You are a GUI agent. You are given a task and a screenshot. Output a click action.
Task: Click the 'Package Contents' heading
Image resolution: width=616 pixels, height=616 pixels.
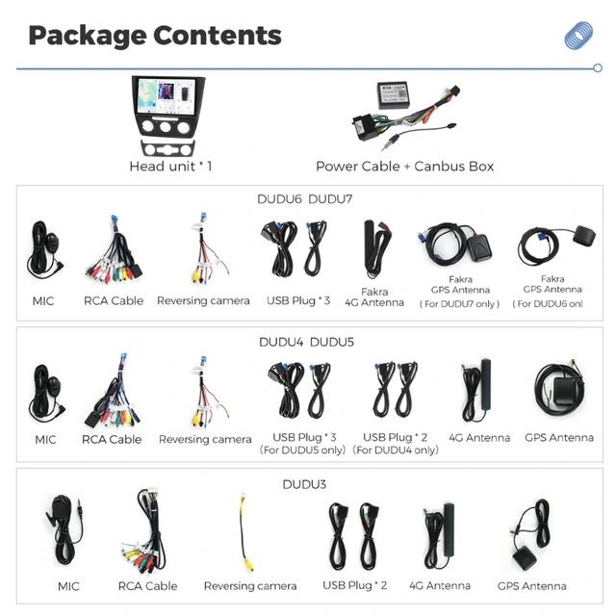click(x=155, y=37)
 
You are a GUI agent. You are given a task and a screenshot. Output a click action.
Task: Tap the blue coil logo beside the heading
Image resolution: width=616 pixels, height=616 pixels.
click(x=578, y=36)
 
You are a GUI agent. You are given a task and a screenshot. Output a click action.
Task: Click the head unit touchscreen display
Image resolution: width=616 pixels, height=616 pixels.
click(x=167, y=96)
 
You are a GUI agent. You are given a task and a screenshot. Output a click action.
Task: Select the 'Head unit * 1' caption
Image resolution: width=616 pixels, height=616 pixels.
click(x=171, y=167)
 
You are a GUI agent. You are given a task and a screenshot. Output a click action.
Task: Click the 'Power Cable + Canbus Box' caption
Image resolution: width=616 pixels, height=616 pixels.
click(x=404, y=167)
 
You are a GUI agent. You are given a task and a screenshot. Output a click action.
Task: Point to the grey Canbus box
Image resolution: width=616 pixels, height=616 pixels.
click(x=393, y=95)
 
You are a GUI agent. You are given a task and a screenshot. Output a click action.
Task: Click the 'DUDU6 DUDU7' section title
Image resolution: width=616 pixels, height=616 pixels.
click(x=305, y=199)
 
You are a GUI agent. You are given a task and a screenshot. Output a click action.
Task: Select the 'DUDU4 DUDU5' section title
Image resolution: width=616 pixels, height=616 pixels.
click(x=306, y=343)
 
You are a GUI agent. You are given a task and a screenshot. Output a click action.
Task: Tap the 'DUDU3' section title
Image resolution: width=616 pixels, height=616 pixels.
click(x=304, y=484)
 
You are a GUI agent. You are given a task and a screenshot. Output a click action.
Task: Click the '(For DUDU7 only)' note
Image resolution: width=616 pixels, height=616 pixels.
click(x=460, y=304)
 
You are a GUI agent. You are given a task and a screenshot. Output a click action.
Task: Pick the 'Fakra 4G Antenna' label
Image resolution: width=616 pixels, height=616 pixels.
click(x=374, y=297)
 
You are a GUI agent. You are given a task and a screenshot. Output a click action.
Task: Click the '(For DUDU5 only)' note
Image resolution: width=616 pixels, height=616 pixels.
click(x=302, y=450)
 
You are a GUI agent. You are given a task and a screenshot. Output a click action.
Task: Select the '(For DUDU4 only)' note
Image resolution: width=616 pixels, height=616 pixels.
click(x=396, y=450)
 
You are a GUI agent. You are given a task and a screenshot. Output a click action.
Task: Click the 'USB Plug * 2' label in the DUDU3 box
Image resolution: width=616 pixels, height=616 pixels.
click(x=355, y=585)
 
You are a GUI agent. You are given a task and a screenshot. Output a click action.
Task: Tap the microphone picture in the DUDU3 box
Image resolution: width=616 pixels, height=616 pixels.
click(x=64, y=530)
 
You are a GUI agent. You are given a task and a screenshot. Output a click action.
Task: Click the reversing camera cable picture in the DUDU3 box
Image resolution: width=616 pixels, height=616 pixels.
click(x=245, y=532)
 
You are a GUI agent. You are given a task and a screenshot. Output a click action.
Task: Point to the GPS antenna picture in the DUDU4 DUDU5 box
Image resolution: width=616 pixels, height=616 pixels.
click(x=559, y=388)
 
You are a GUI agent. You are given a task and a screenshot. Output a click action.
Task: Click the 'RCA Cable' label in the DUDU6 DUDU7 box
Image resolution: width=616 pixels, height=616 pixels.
click(x=114, y=301)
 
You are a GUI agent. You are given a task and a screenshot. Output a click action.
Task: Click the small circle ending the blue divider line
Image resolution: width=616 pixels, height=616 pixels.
click(x=598, y=68)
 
